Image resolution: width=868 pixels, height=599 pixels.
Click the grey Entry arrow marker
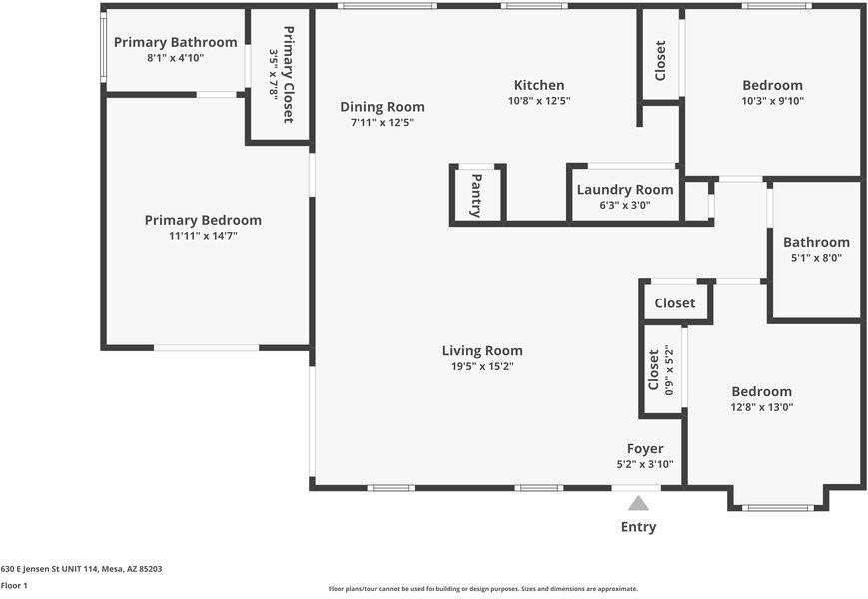(638, 503)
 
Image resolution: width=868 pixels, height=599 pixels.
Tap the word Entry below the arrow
(639, 527)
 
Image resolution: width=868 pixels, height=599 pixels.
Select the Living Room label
(482, 351)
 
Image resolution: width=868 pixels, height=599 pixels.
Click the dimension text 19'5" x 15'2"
(482, 366)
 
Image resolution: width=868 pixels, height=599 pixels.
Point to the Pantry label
(476, 195)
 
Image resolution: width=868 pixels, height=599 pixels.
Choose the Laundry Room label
(625, 190)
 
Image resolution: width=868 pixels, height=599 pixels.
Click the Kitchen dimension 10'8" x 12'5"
(539, 101)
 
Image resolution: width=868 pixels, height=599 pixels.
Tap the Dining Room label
(382, 107)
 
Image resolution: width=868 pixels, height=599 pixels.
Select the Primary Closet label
(288, 75)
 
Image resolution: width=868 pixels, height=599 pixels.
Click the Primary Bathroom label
(176, 42)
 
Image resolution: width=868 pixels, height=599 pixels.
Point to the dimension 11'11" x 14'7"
(203, 236)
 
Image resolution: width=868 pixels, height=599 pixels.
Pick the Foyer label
(645, 449)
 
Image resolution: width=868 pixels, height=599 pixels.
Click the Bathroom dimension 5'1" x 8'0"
(816, 258)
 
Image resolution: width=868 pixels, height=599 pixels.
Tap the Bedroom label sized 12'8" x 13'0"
(762, 392)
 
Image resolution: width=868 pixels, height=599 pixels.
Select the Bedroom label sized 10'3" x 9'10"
(772, 85)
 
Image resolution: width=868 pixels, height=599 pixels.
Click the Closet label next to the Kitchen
(660, 61)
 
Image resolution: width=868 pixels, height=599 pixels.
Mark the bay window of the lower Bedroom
(778, 507)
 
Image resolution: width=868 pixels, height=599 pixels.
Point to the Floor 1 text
(14, 585)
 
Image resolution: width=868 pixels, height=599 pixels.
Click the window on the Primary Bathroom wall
(103, 48)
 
